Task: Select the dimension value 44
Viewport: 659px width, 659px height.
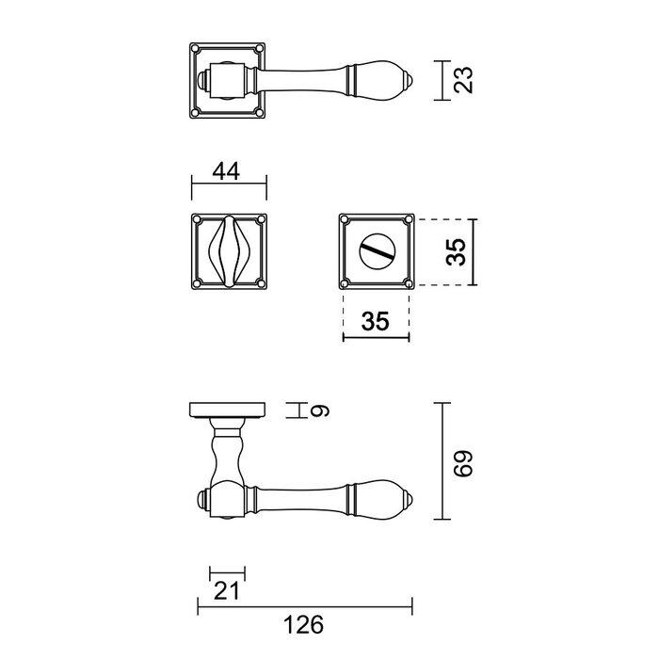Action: pyautogui.click(x=224, y=171)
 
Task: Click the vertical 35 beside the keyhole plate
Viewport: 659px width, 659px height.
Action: pyautogui.click(x=456, y=252)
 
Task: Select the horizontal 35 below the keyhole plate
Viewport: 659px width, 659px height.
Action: pyautogui.click(x=375, y=321)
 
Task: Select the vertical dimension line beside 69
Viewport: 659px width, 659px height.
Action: pyautogui.click(x=445, y=461)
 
